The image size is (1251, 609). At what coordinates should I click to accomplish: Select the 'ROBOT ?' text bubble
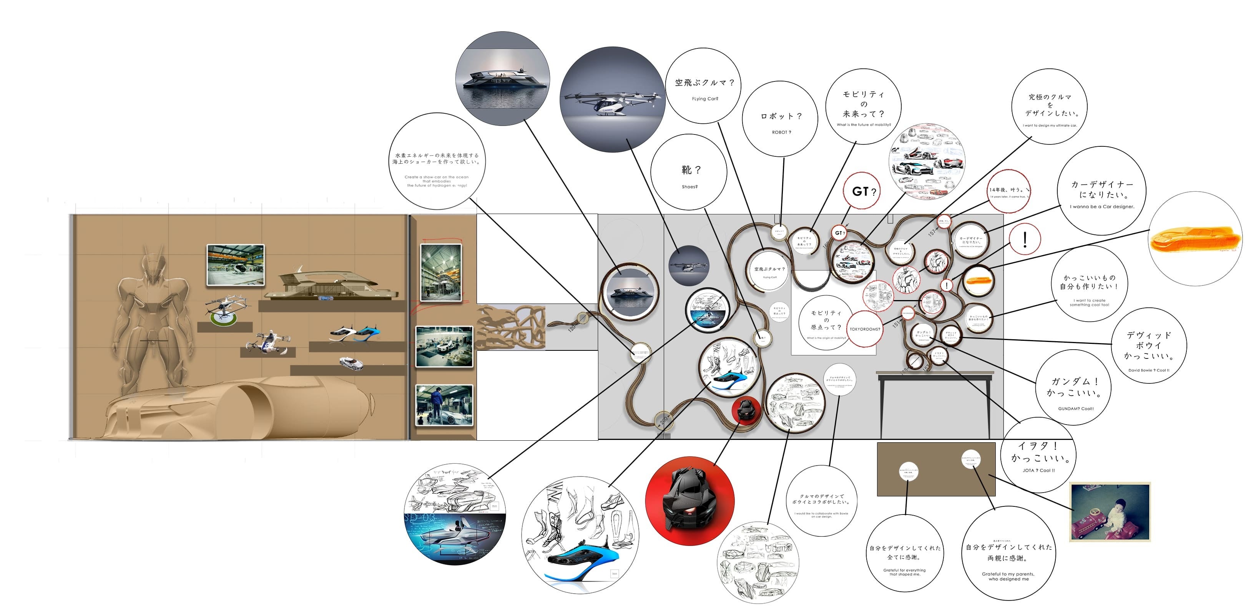781,119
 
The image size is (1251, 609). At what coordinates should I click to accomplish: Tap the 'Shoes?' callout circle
689,173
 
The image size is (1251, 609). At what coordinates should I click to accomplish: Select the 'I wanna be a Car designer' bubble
1101,191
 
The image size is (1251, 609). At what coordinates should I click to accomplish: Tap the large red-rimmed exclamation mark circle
1025,239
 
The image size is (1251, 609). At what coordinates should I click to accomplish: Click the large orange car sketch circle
1196,239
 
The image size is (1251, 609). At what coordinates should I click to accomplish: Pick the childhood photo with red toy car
1110,512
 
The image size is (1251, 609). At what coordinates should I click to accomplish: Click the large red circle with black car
689,500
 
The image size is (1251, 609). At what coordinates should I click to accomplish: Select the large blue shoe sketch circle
580,535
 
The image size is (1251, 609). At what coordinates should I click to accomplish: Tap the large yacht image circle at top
503,78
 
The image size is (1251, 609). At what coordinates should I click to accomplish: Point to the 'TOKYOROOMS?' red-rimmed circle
864,329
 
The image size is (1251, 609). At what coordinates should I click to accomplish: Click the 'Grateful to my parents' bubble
1008,553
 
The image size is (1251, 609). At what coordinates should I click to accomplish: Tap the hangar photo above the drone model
236,265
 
